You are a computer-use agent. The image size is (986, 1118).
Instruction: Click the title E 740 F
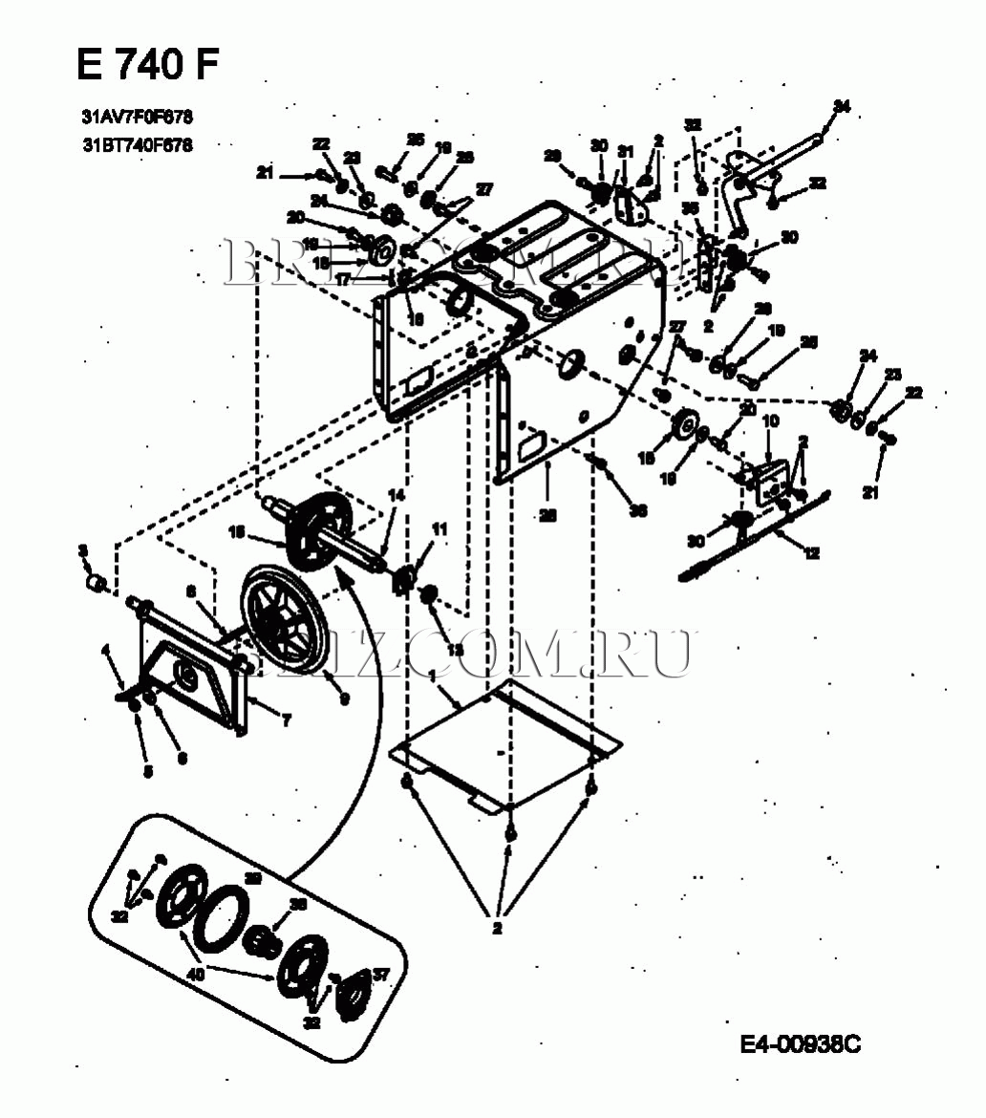148,65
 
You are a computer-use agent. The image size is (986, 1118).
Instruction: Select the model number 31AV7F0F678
138,118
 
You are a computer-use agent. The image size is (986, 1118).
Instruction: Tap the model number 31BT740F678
138,146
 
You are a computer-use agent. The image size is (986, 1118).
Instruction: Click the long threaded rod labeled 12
755,541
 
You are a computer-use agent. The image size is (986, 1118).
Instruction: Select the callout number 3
83,550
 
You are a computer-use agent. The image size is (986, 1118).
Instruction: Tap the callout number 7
286,721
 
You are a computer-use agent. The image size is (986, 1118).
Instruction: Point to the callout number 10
771,420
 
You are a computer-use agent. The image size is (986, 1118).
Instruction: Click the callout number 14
396,495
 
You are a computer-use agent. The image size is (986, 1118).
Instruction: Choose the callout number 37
380,974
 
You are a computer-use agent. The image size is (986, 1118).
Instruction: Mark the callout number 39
253,877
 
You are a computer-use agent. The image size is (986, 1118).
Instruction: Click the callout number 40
196,975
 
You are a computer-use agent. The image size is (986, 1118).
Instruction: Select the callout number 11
439,528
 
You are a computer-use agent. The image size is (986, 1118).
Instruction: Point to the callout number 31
626,151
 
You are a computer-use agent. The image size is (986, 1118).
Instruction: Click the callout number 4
106,652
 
